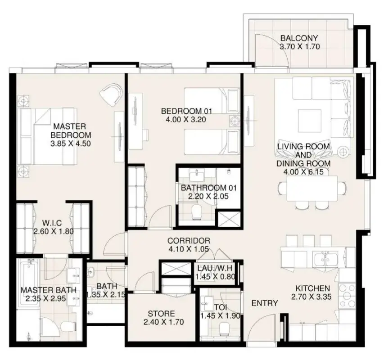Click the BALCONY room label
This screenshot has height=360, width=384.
click(x=299, y=38)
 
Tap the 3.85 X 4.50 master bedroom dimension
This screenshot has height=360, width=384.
click(x=71, y=144)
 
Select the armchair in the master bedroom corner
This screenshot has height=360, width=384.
click(x=111, y=94)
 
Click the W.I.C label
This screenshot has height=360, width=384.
click(x=52, y=223)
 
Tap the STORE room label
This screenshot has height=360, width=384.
click(x=161, y=314)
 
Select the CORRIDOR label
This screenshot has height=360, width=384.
click(x=189, y=241)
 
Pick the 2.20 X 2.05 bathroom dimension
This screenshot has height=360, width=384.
click(x=208, y=196)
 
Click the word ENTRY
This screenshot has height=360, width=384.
click(x=265, y=303)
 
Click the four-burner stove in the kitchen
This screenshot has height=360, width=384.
click(x=347, y=296)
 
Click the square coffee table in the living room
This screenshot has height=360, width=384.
click(x=310, y=121)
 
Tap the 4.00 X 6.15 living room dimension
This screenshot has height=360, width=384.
click(x=303, y=172)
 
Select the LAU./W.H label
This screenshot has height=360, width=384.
click(x=215, y=268)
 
